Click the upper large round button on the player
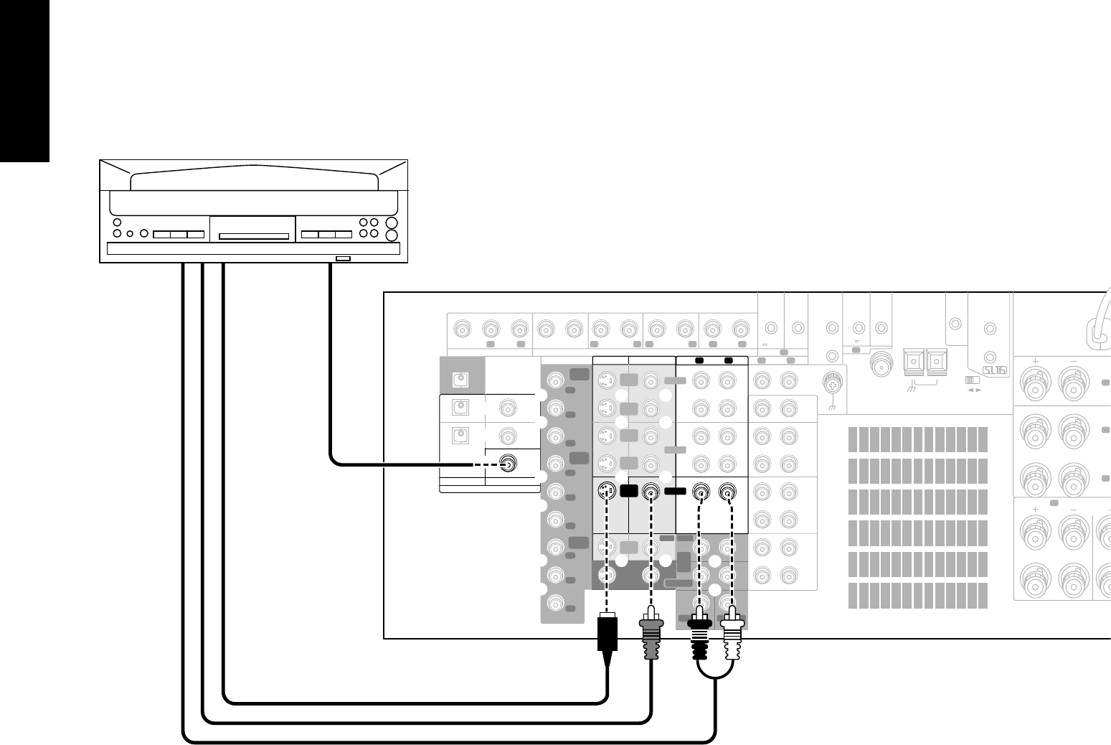pos(392,223)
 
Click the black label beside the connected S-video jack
pos(629,492)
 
